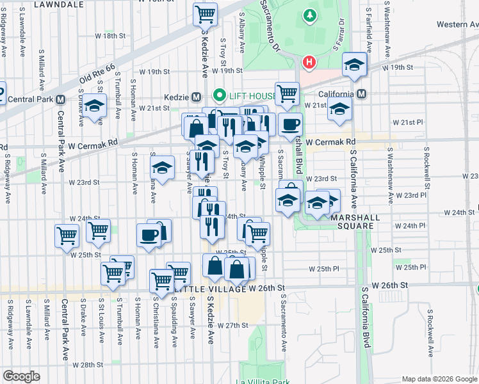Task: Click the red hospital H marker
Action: click(x=309, y=63)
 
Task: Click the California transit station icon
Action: click(x=362, y=94)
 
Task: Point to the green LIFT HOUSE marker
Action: click(x=220, y=97)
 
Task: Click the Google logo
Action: click(x=21, y=376)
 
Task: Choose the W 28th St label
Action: click(x=88, y=365)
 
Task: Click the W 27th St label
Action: click(x=232, y=325)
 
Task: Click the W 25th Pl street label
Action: click(x=323, y=269)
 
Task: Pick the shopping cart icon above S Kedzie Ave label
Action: click(x=205, y=13)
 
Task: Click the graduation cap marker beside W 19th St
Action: click(x=354, y=65)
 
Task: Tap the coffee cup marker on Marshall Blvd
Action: click(x=290, y=124)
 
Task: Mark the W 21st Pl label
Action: click(x=408, y=122)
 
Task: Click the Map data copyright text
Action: click(x=440, y=378)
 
